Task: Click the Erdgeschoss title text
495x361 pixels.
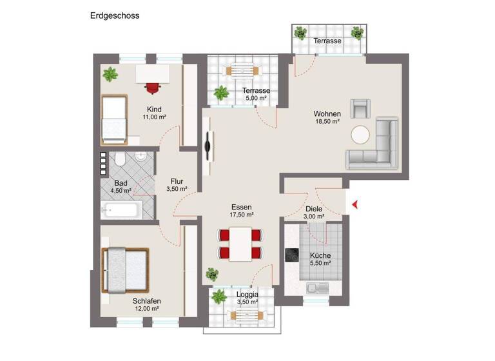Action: click(114, 15)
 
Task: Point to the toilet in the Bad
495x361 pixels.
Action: click(121, 161)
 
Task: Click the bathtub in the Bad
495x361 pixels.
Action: click(121, 210)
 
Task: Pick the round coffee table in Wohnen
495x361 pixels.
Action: click(360, 135)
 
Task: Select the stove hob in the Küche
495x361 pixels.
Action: click(292, 255)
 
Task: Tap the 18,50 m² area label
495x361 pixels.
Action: click(327, 121)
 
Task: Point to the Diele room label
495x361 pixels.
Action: click(314, 209)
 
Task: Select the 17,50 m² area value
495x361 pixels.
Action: click(242, 215)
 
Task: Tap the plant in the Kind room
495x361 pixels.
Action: click(110, 74)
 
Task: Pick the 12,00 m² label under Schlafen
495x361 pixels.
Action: click(146, 309)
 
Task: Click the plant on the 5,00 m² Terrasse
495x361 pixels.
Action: click(222, 93)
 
